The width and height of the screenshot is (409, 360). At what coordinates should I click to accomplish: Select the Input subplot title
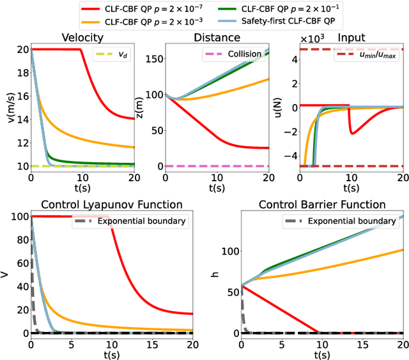coord(351,37)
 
